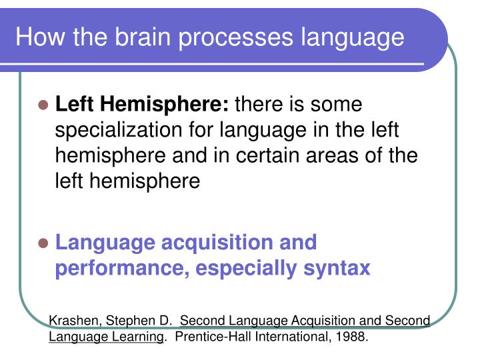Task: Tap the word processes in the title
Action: click(x=233, y=37)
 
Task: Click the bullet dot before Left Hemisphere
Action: click(x=44, y=105)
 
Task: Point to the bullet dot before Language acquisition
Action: click(x=44, y=243)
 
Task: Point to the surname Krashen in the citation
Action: click(x=73, y=321)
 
